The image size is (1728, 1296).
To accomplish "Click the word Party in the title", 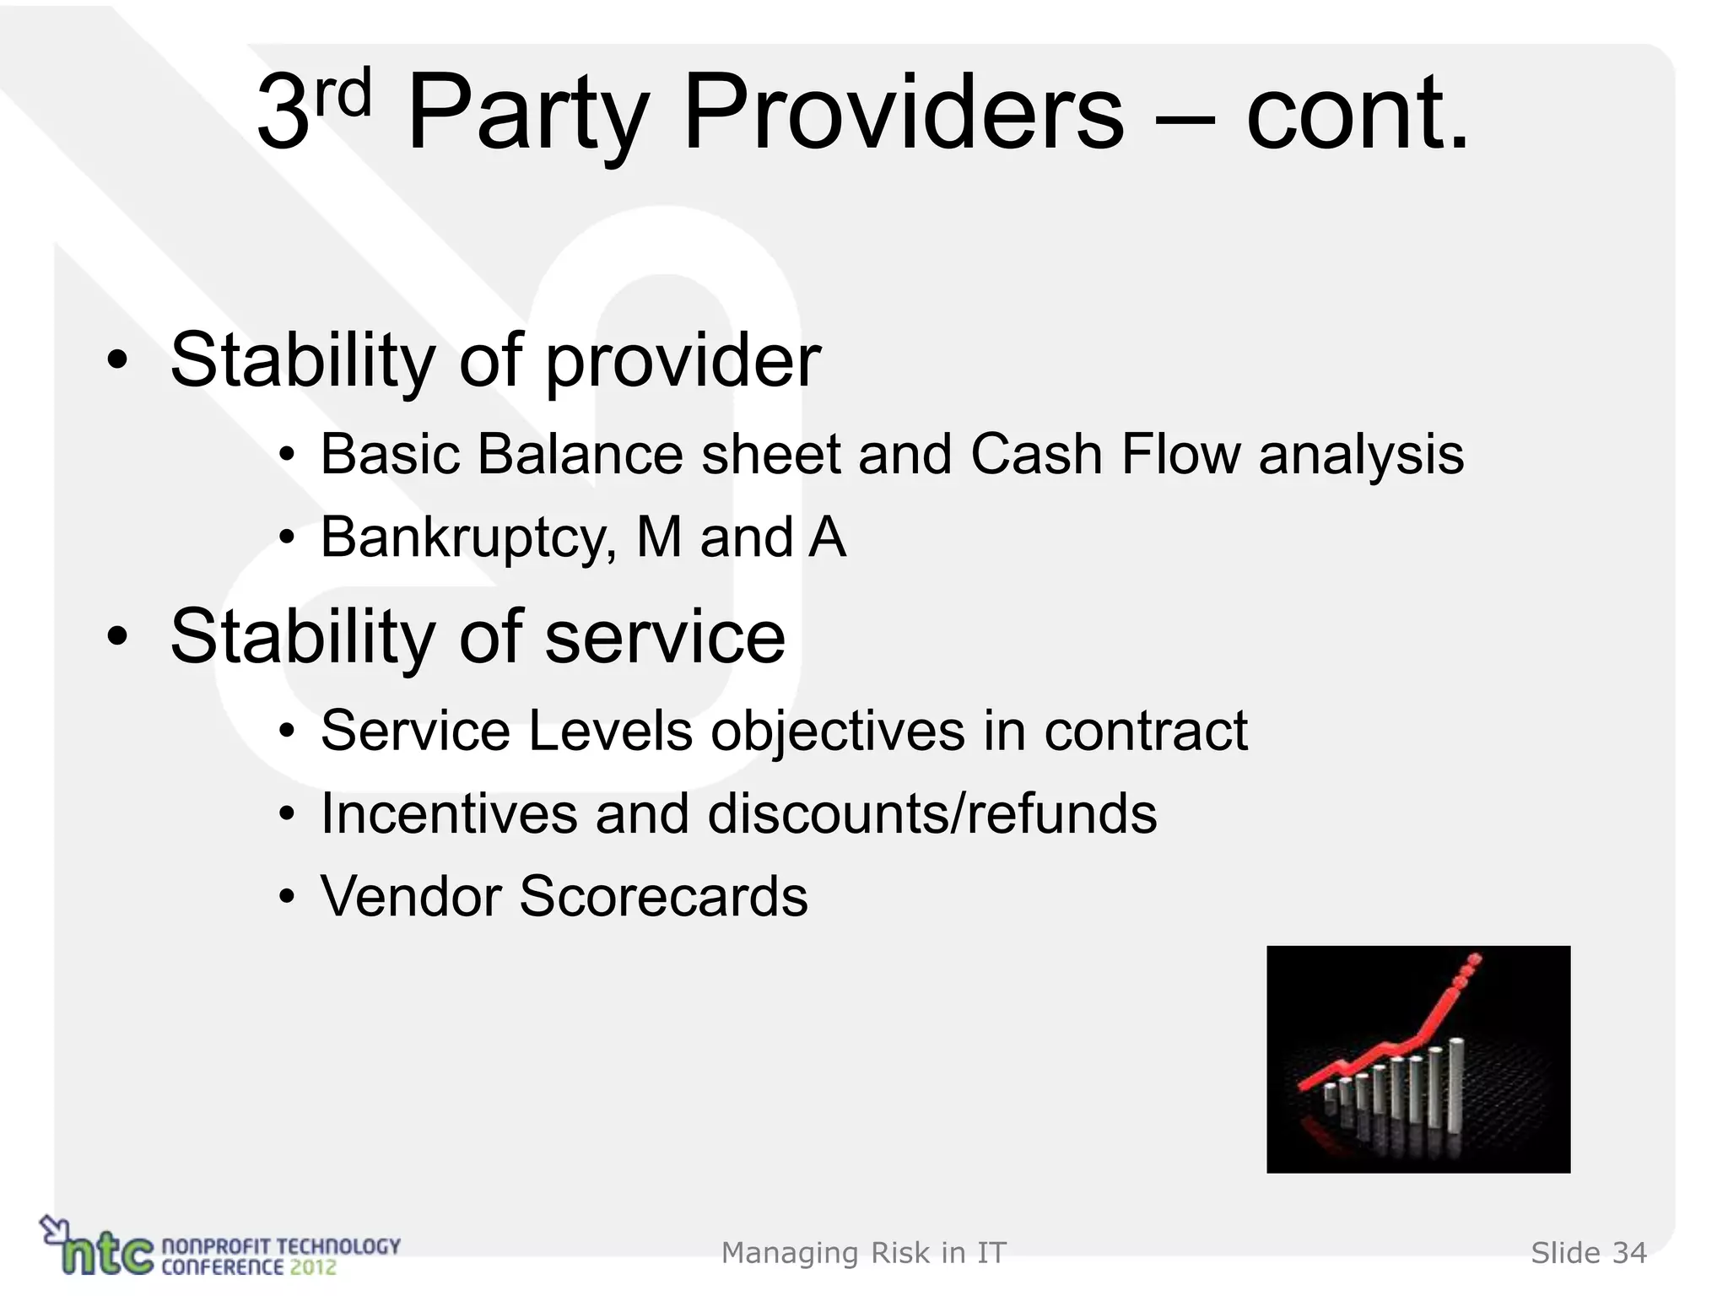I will [526, 113].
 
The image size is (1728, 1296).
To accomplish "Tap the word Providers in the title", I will [903, 113].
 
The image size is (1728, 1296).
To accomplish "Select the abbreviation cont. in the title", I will [1357, 113].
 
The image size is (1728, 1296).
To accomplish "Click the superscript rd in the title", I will [343, 93].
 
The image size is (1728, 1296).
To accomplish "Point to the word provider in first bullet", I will [683, 361].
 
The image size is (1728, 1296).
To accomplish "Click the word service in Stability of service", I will [665, 636].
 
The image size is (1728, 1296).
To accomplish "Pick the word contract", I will [1146, 731].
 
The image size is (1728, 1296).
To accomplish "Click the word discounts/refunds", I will [932, 813].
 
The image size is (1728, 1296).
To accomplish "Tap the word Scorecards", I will [663, 896].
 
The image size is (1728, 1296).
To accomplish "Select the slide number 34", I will [1629, 1253].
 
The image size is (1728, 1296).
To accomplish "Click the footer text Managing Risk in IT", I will [864, 1253].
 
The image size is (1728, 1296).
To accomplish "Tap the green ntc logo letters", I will [105, 1253].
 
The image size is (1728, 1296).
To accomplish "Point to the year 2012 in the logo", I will [313, 1266].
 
